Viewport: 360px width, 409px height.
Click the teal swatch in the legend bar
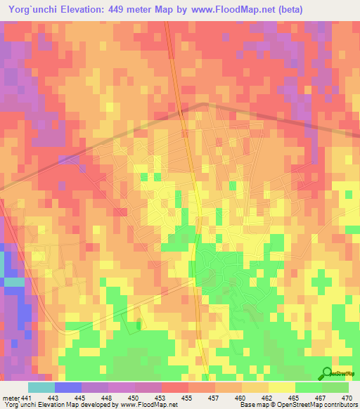[41, 387]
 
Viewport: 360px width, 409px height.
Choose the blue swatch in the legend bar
[67, 387]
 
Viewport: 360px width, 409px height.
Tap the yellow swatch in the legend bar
[281, 387]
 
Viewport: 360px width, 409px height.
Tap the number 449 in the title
[129, 8]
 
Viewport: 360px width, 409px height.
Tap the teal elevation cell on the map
[13, 282]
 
